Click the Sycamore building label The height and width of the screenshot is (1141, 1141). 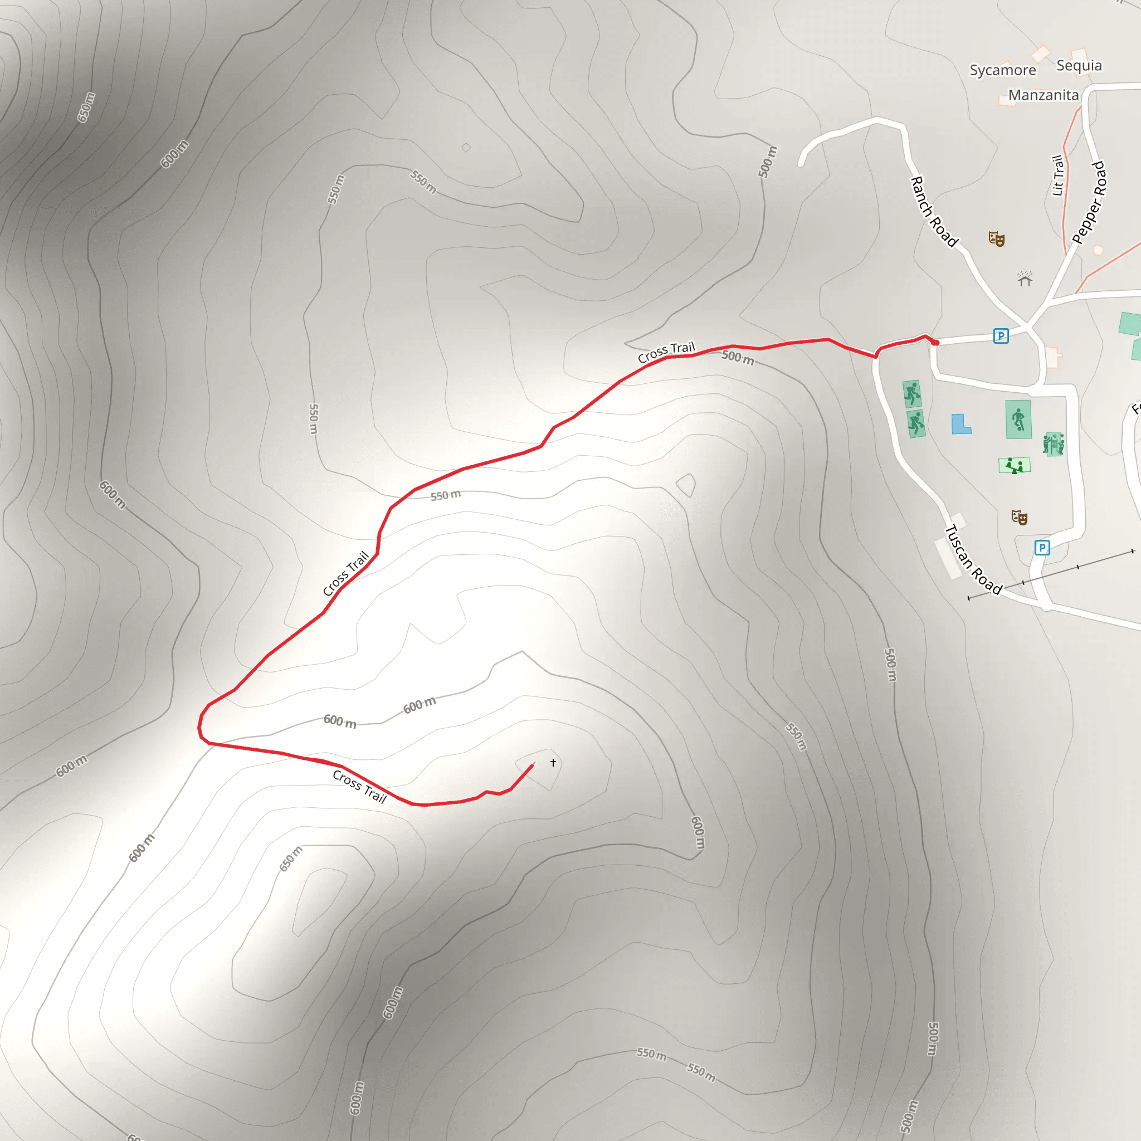[1002, 70]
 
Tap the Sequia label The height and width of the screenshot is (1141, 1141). [1079, 66]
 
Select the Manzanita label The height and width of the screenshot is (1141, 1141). [1043, 95]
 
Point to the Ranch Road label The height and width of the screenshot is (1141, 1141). [934, 211]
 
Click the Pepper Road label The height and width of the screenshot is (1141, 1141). [1089, 203]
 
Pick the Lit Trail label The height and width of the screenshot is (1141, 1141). [1058, 175]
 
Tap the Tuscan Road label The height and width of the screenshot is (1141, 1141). [973, 559]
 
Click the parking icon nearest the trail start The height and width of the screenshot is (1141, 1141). [1001, 336]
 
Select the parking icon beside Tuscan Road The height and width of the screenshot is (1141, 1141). [1042, 548]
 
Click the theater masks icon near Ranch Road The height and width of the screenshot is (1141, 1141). [996, 238]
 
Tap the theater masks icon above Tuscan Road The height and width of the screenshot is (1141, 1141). [1020, 518]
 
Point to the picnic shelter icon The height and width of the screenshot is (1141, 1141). [1025, 278]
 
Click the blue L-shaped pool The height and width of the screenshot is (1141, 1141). [961, 424]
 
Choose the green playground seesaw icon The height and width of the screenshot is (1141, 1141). [1014, 465]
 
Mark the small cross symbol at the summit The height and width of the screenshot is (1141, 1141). [553, 763]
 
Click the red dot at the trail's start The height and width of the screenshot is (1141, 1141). [936, 343]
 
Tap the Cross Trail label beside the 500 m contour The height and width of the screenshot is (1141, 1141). [666, 352]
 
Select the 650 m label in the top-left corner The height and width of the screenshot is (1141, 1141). [86, 107]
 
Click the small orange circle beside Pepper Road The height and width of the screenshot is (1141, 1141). [1099, 250]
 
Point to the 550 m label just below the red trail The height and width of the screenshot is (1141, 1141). [445, 495]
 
